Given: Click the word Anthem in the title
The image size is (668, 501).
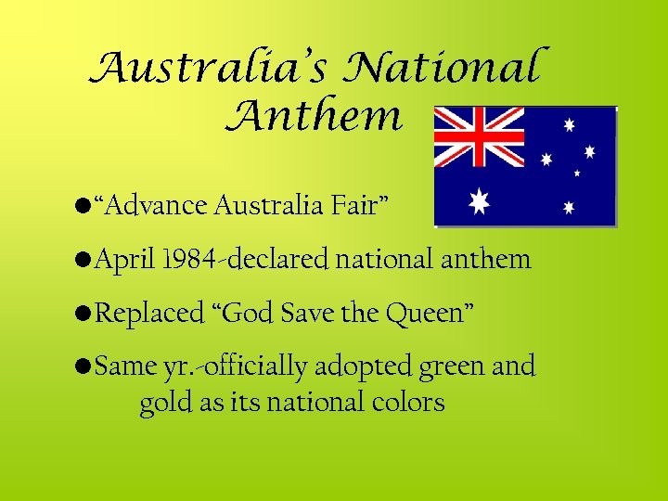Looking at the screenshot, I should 314,117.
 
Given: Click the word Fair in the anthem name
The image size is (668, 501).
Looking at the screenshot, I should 356,205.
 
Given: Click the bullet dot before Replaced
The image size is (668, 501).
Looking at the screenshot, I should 84,314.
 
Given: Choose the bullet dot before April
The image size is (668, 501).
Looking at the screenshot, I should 84,260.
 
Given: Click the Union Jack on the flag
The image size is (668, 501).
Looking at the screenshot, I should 480,138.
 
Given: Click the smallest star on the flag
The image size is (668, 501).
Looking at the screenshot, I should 577,173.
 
